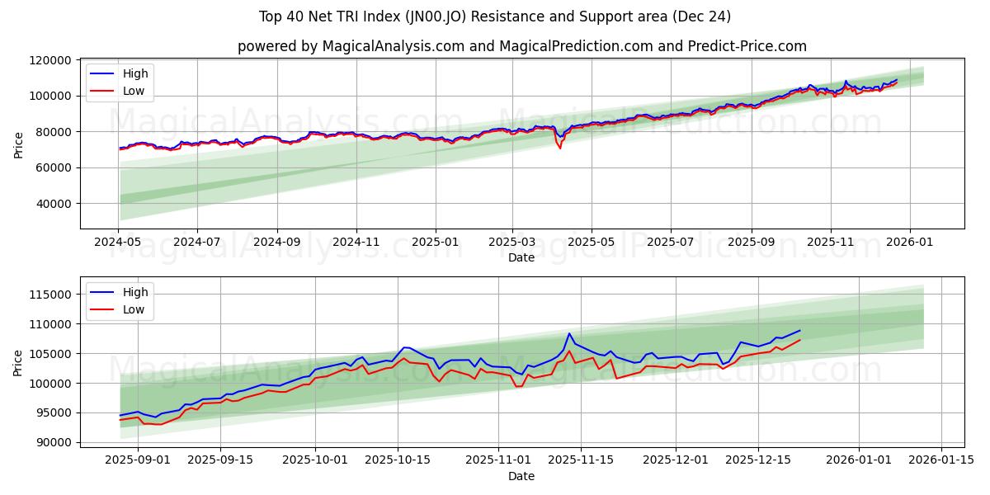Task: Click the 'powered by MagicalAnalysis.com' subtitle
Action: (521, 46)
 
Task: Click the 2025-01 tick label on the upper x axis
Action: (435, 243)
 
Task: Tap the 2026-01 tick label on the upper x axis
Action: (910, 243)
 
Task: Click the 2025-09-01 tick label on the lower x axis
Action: (138, 460)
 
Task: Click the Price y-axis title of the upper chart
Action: (18, 144)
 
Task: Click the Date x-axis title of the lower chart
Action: (521, 476)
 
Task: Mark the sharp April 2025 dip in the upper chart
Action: (560, 147)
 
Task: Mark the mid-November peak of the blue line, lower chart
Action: (569, 334)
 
